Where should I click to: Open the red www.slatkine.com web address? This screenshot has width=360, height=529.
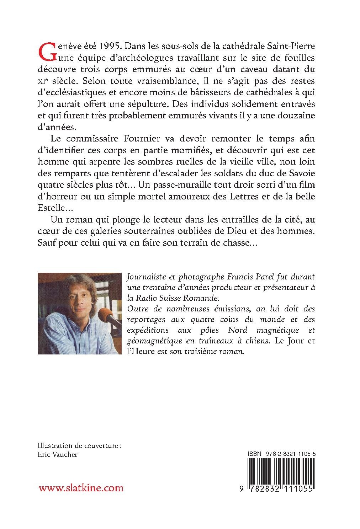81,488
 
